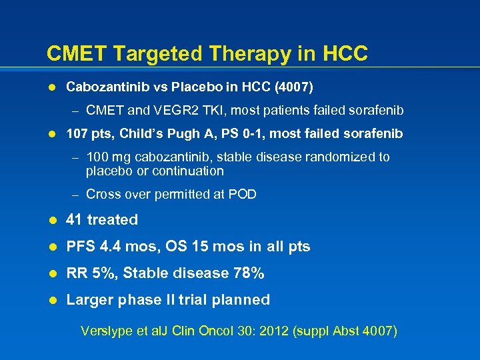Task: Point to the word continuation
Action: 188,171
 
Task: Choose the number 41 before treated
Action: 75,220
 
